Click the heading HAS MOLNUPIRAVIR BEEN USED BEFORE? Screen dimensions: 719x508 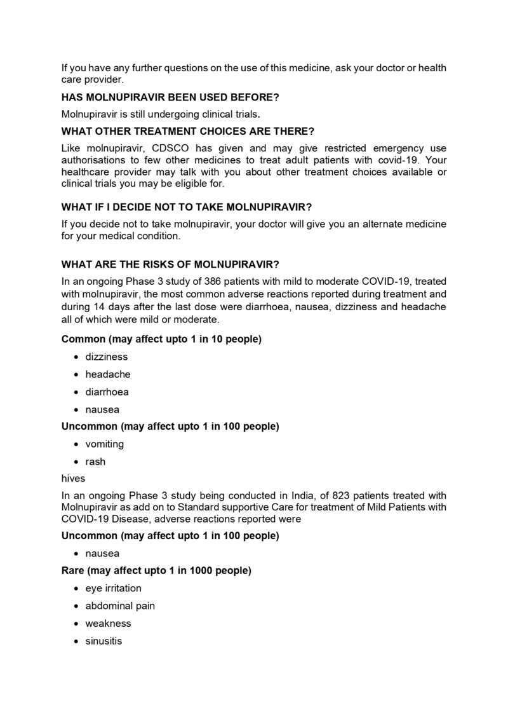pos(170,97)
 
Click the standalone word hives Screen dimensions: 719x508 pos(72,479)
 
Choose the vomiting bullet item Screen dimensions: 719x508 pos(105,444)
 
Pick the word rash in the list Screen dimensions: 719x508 pos(95,462)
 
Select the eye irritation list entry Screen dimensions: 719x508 pos(113,588)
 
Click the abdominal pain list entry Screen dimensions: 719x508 pos(120,606)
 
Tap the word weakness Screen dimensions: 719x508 pos(108,624)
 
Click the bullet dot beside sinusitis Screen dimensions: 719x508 pos(77,641)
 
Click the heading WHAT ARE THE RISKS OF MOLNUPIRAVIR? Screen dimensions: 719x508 pos(170,264)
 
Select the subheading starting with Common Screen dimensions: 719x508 pos(161,339)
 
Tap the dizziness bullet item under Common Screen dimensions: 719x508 pos(106,357)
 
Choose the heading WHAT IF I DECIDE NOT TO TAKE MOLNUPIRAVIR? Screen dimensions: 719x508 pos(186,207)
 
